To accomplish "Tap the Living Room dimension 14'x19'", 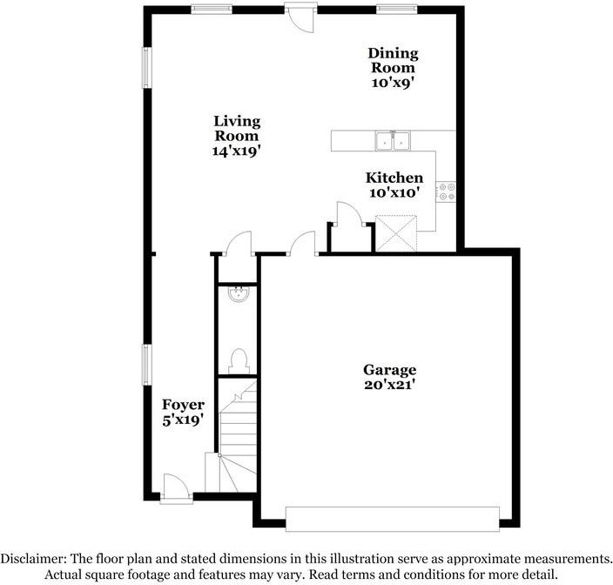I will (x=237, y=150).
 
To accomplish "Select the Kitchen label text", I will (x=394, y=178).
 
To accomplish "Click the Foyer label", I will (x=184, y=405).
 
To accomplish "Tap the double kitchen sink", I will (x=393, y=140).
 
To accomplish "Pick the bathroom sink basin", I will (x=237, y=295).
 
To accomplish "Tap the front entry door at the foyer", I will (x=174, y=487).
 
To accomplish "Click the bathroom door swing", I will (x=239, y=243).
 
